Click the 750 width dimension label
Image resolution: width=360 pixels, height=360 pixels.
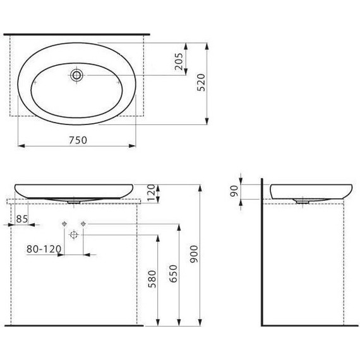pyautogui.click(x=78, y=140)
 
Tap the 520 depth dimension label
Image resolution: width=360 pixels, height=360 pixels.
pyautogui.click(x=201, y=83)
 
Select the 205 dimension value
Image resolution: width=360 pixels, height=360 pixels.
pyautogui.click(x=179, y=61)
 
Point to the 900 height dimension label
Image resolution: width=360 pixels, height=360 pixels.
pyautogui.click(x=195, y=254)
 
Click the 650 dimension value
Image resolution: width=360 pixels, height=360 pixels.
pyautogui.click(x=173, y=273)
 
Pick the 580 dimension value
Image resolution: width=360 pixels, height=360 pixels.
pyautogui.click(x=152, y=279)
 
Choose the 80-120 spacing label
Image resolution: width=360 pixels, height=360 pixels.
pyautogui.click(x=44, y=249)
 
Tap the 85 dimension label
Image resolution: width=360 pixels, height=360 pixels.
pyautogui.click(x=22, y=219)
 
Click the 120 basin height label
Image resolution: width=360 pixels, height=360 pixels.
pyautogui.click(x=152, y=193)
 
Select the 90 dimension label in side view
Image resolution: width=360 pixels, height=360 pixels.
pyautogui.click(x=234, y=191)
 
